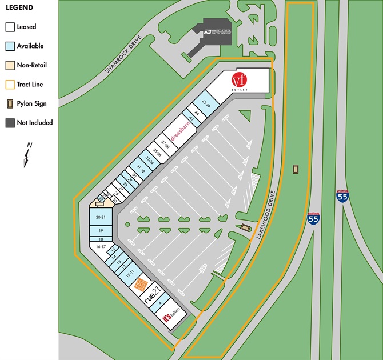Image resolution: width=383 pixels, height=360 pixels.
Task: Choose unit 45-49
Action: [x=206, y=105]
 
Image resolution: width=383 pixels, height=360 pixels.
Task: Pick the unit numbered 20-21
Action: [x=100, y=217]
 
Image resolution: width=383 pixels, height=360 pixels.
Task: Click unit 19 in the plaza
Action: [x=100, y=230]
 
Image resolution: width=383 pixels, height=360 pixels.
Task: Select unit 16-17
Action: [x=101, y=246]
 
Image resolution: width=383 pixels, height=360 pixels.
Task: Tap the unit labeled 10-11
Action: [x=130, y=273]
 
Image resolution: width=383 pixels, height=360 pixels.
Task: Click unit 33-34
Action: [x=150, y=158]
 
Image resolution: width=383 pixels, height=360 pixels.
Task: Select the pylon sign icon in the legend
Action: [x=10, y=103]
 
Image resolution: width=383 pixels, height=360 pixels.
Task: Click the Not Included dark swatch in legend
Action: [x=10, y=123]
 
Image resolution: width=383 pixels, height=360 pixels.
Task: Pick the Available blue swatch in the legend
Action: [x=10, y=46]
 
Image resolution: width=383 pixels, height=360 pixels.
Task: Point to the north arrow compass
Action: [x=27, y=155]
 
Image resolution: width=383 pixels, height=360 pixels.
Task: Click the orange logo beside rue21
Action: [x=139, y=284]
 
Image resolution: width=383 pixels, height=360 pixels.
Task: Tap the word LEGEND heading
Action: [x=20, y=8]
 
